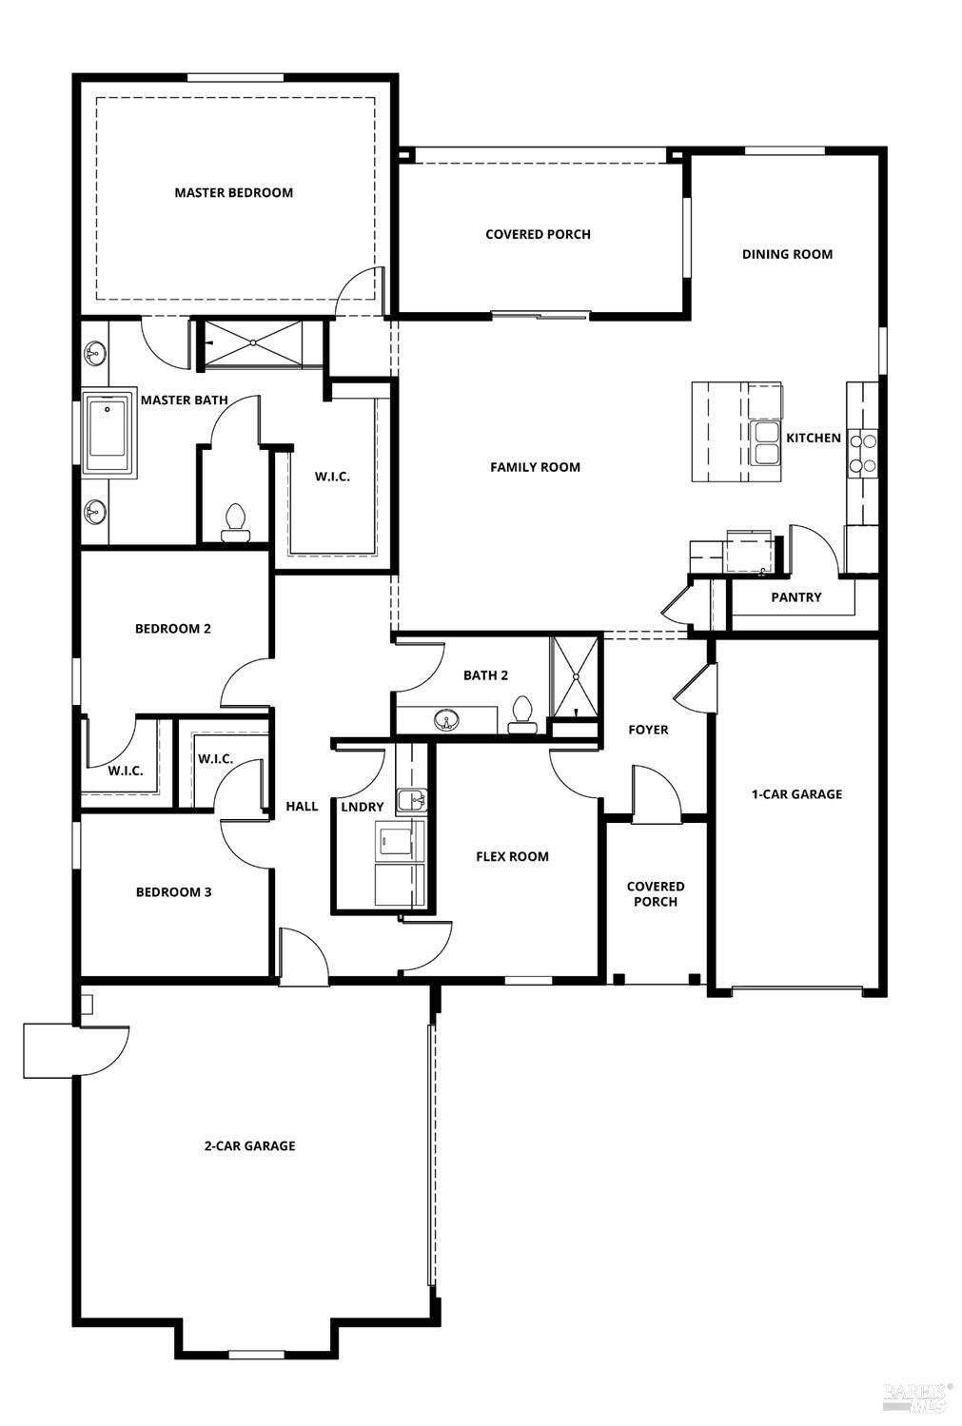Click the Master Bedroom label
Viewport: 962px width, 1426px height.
coord(234,192)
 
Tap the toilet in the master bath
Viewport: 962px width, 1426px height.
coord(234,523)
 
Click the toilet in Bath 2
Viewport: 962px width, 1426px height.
coord(522,714)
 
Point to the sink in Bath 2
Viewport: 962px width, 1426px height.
coord(447,719)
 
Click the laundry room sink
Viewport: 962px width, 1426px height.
coord(411,800)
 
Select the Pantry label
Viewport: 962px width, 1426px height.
coord(795,597)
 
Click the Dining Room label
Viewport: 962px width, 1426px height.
coord(787,254)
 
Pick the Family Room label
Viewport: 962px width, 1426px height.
coord(535,467)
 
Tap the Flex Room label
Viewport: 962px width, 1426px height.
coord(512,856)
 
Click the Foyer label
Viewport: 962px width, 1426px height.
coord(648,730)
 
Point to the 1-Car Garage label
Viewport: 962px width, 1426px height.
coord(796,793)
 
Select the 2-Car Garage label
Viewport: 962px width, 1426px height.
coord(249,1146)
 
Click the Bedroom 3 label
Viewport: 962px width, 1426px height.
coord(173,892)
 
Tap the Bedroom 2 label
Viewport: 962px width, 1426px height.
coord(172,628)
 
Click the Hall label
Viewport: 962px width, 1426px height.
coord(302,806)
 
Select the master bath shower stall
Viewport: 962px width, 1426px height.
coord(253,343)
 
